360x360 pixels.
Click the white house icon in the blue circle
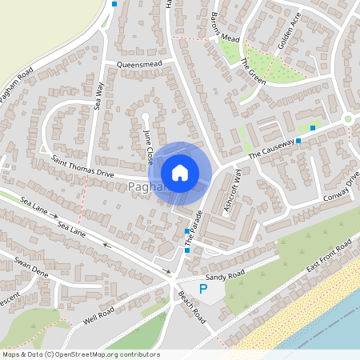click(180, 172)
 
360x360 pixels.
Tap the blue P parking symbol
click(203, 288)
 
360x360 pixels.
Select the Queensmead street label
click(139, 63)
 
